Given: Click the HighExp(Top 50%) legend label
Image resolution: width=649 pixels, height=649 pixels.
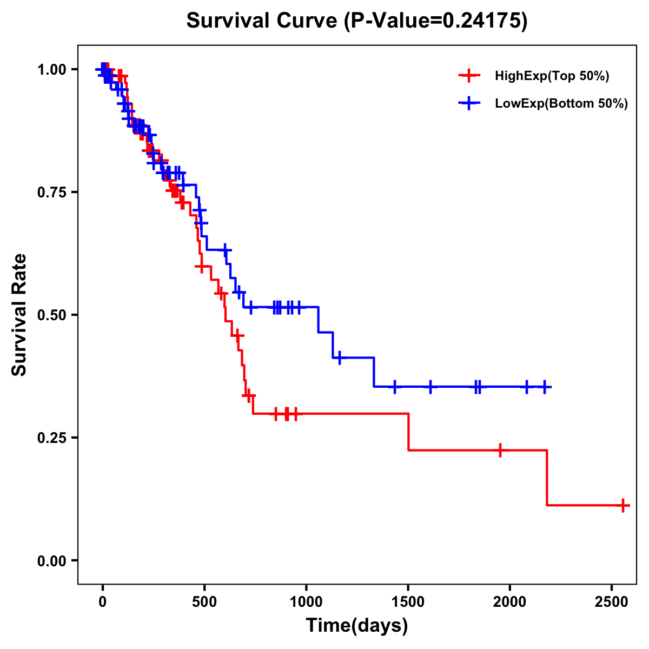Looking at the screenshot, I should pos(552,76).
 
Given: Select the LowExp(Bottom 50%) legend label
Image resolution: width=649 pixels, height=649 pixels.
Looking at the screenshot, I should pos(561,103).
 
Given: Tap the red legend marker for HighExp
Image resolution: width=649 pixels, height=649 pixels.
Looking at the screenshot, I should pos(469,76).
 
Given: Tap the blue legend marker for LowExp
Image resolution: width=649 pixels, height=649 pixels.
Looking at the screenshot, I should pos(469,103).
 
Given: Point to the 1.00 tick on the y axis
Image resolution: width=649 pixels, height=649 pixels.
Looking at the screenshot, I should pos(51,70).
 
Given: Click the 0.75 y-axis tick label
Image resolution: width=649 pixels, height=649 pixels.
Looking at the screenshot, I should pos(51,193).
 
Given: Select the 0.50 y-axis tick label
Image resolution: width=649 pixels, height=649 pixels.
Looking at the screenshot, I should pos(51,315).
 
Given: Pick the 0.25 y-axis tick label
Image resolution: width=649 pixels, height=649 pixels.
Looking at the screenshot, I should pos(51,438).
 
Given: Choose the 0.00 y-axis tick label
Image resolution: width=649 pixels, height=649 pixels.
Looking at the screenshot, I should pos(51,561).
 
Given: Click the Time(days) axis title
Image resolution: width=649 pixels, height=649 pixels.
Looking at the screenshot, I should pos(357,626).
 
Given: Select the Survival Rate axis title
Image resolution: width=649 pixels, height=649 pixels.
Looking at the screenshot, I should pos(19,315).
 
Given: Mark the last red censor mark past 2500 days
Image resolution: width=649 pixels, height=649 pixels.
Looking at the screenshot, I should pos(623,505).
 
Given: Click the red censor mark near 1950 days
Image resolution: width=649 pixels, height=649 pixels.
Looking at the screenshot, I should pos(500,450).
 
